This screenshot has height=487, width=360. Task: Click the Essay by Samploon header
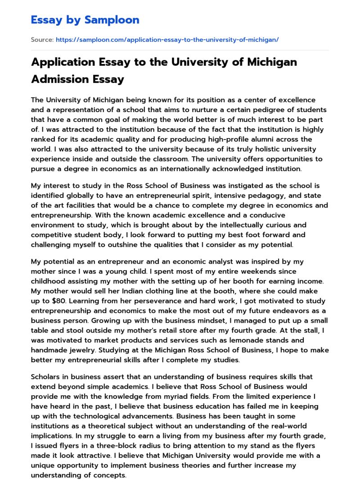point(85,20)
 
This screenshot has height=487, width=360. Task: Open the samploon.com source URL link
point(167,40)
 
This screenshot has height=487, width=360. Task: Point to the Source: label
point(42,40)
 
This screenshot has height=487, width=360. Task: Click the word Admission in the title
point(59,79)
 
